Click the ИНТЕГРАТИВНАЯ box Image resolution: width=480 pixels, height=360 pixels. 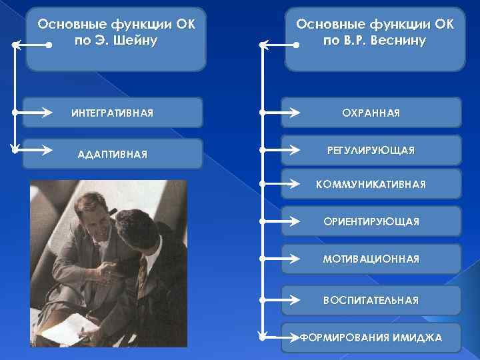tap(112, 113)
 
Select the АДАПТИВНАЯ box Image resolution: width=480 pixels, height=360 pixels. tap(112, 154)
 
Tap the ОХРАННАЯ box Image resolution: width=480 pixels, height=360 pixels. tap(371, 113)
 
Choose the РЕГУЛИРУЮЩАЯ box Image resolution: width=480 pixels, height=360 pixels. tap(371, 151)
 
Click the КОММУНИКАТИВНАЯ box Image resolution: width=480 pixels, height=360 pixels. tap(371, 184)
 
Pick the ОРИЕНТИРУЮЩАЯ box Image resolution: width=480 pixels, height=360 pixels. tap(371, 221)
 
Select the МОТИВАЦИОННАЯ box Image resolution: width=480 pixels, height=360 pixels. tap(371, 259)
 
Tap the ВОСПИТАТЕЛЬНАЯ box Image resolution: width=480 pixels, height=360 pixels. tap(371, 300)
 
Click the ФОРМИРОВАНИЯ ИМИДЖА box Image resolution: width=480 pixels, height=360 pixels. tap(371, 337)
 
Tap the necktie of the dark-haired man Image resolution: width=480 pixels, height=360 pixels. tap(141, 273)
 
